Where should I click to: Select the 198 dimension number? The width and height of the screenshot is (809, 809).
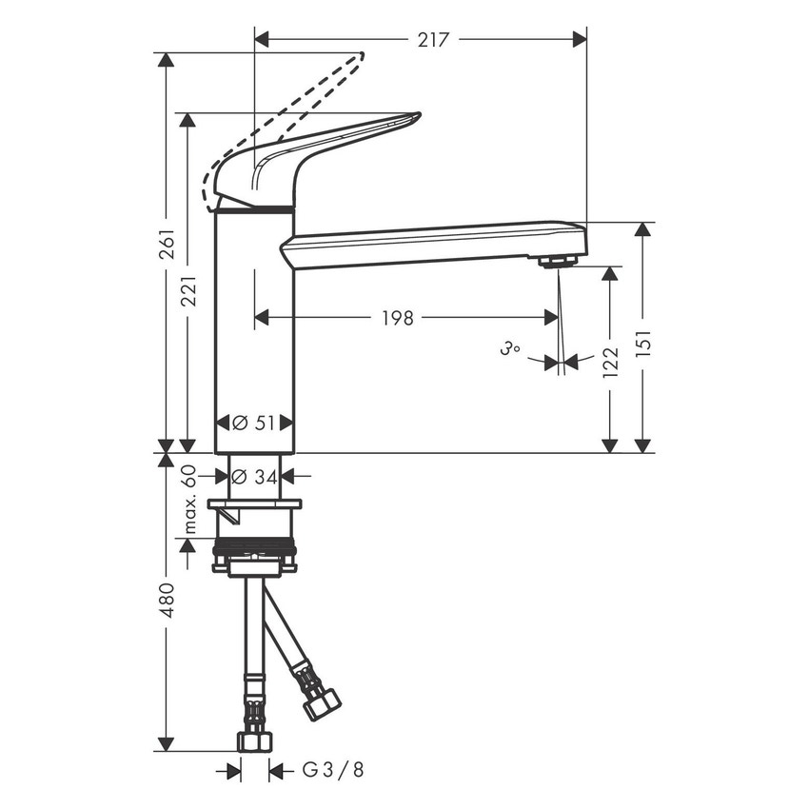coord(397,318)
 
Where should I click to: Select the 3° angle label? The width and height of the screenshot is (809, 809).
coord(509,349)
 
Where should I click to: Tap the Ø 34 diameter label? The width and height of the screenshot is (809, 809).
coord(254,476)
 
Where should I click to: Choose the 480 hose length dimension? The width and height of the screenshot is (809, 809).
coord(168,600)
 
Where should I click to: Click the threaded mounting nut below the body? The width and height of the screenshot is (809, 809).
coord(254,551)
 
